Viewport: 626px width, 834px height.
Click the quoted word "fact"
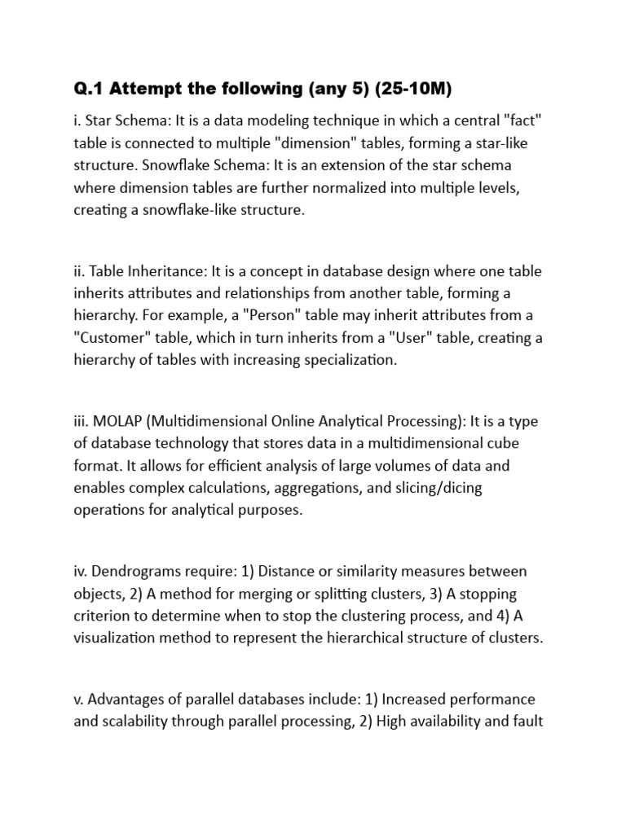(x=522, y=121)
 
